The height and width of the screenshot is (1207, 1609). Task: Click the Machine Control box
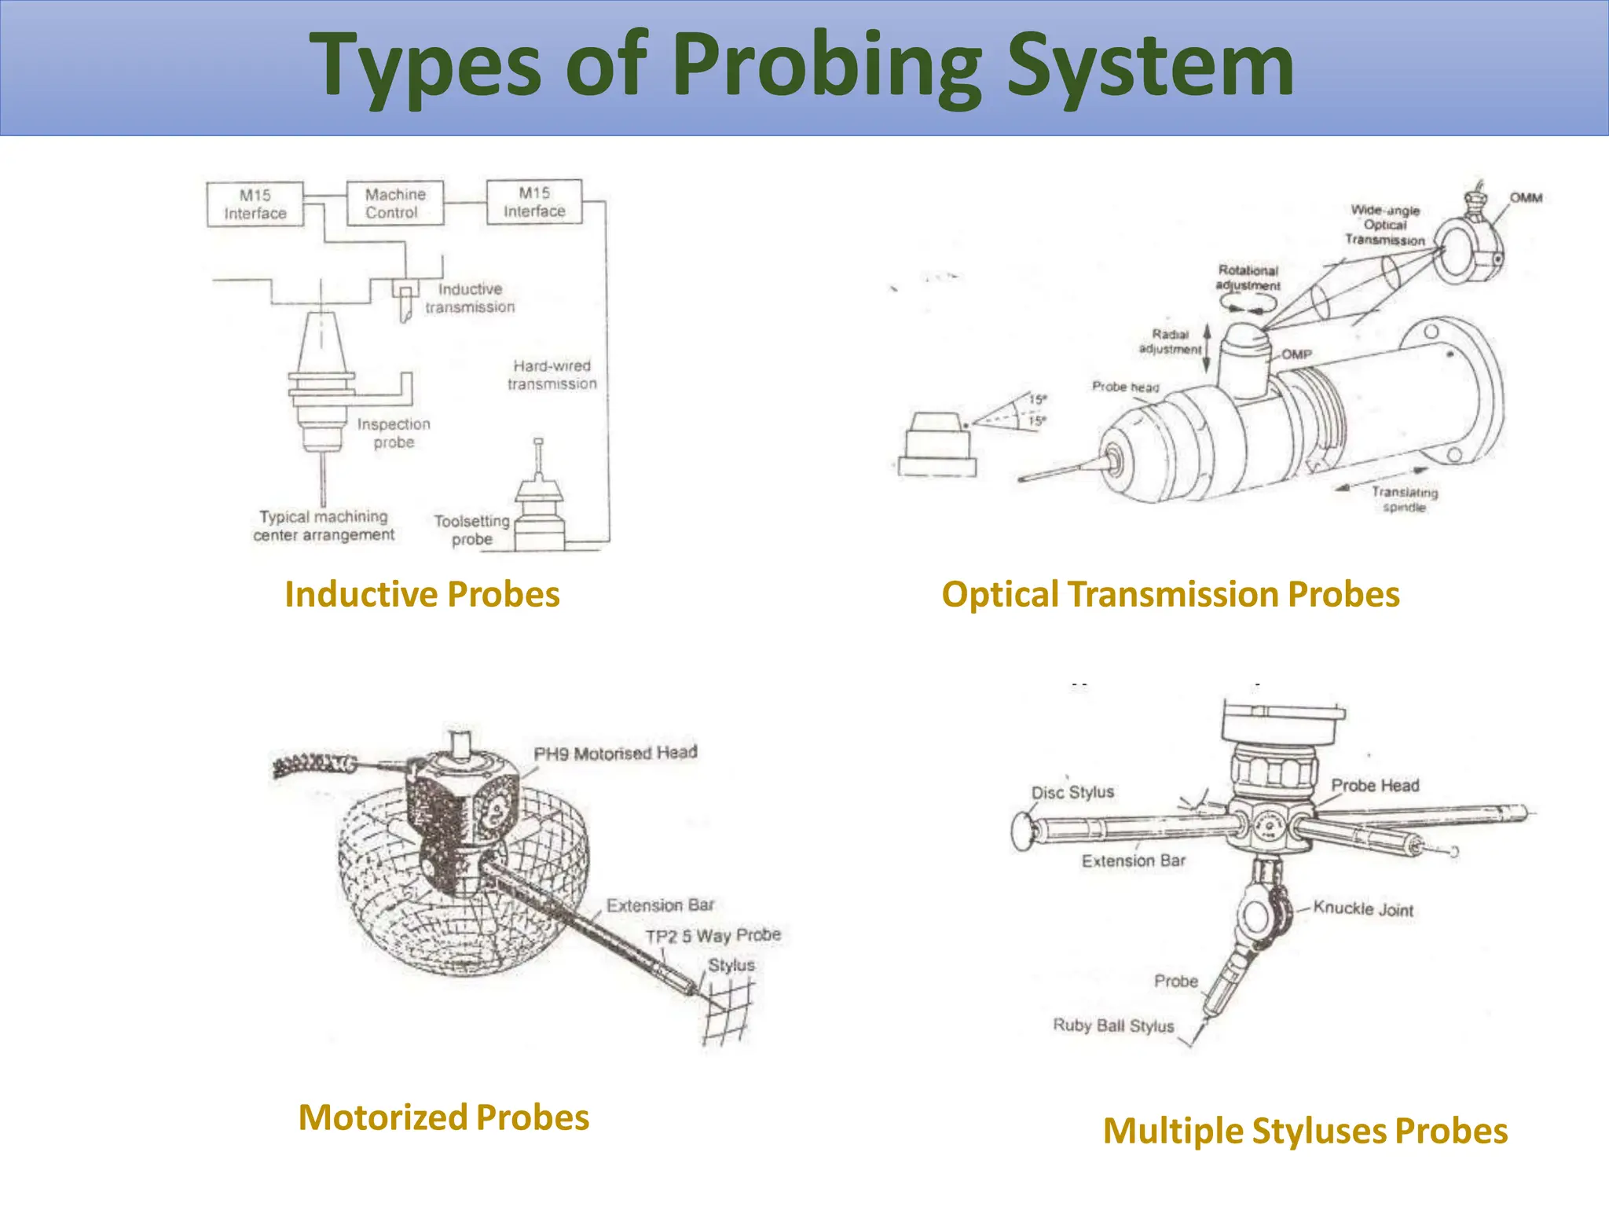click(x=395, y=204)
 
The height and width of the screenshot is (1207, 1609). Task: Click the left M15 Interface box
click(x=255, y=204)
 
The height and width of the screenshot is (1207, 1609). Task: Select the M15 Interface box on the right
click(x=534, y=202)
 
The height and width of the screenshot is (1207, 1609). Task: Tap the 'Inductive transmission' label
click(x=470, y=299)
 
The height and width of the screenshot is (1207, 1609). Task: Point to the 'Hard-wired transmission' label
click(x=552, y=375)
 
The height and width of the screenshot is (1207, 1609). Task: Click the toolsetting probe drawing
click(x=539, y=503)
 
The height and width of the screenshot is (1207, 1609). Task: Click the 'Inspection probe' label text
click(x=394, y=433)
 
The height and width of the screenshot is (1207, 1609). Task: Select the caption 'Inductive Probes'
click(x=422, y=594)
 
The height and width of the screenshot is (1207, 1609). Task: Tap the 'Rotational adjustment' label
click(x=1248, y=278)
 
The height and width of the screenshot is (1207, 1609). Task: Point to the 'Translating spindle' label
click(x=1405, y=500)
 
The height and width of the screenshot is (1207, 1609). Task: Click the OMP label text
click(x=1297, y=354)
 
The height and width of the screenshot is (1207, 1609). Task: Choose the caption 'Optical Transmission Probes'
click(x=1171, y=594)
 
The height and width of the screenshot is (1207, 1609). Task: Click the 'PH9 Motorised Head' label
click(x=615, y=753)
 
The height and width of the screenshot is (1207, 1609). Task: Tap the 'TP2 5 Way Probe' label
click(x=713, y=936)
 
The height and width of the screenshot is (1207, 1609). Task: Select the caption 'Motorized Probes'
click(x=444, y=1117)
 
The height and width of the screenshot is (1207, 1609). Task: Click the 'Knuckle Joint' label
click(x=1363, y=908)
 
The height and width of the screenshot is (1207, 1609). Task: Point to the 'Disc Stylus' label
click(x=1072, y=792)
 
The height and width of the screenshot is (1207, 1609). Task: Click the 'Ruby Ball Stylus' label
click(x=1113, y=1025)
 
